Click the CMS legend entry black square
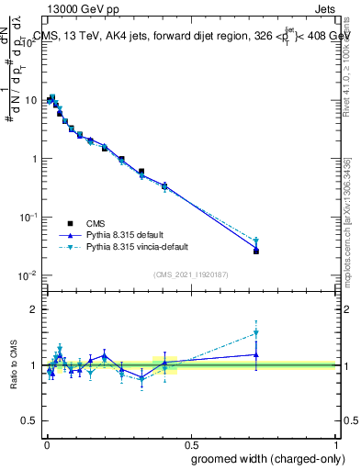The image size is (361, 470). [x=70, y=223]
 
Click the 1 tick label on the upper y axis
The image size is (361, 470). [x=36, y=158]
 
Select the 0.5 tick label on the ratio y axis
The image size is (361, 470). [x=30, y=421]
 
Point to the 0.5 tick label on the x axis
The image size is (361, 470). [x=190, y=442]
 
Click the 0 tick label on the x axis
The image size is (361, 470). [x=46, y=442]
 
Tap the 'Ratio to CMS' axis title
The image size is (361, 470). [x=14, y=365]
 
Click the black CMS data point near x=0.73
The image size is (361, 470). [x=256, y=251]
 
